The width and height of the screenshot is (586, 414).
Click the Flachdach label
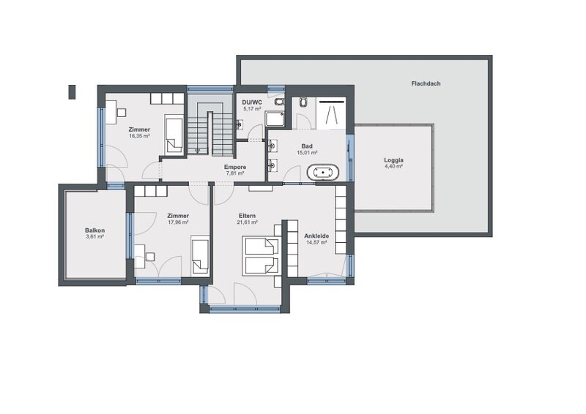click(x=426, y=83)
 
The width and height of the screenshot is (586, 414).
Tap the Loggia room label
click(x=393, y=160)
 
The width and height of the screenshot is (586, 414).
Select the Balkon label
click(x=94, y=230)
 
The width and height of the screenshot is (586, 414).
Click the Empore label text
click(x=235, y=168)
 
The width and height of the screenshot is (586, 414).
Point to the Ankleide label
click(x=316, y=236)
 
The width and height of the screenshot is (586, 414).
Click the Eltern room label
click(x=247, y=216)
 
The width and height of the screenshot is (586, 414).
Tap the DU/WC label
click(x=252, y=102)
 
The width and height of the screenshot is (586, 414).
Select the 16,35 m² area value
click(x=139, y=136)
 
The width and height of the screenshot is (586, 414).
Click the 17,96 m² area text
click(x=178, y=222)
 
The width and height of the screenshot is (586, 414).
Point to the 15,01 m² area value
click(x=307, y=153)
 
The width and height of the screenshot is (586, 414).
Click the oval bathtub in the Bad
click(x=323, y=173)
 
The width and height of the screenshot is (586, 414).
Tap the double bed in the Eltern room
click(x=262, y=256)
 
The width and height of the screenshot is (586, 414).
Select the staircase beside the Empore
click(x=210, y=128)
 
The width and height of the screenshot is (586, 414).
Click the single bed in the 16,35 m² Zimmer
click(x=174, y=135)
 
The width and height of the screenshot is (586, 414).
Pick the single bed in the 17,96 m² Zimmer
click(x=200, y=256)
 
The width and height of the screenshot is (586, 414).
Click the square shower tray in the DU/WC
click(x=275, y=118)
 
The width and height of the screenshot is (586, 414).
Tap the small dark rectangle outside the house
click(x=72, y=92)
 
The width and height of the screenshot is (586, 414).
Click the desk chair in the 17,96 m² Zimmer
click(x=150, y=257)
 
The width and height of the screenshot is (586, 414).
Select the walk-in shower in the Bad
click(x=331, y=113)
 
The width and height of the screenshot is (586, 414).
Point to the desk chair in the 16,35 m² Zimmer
click(x=122, y=112)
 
